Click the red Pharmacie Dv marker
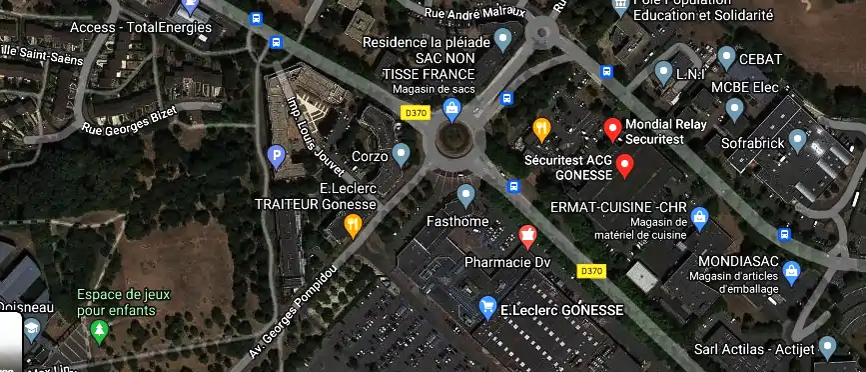(x=528, y=237)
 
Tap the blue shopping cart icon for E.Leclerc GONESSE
(x=488, y=308)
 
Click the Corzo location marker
(x=401, y=155)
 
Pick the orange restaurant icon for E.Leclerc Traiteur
(x=352, y=226)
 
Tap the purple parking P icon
(x=277, y=154)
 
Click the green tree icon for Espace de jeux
(x=98, y=329)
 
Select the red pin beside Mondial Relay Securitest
(x=613, y=128)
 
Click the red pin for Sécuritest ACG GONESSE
(x=625, y=165)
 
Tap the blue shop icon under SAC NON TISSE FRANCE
(x=451, y=107)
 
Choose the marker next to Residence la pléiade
(x=503, y=41)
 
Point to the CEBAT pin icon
(x=726, y=57)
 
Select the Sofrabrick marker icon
(x=796, y=141)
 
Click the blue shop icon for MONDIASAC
(x=792, y=270)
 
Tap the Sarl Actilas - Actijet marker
(x=827, y=348)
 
